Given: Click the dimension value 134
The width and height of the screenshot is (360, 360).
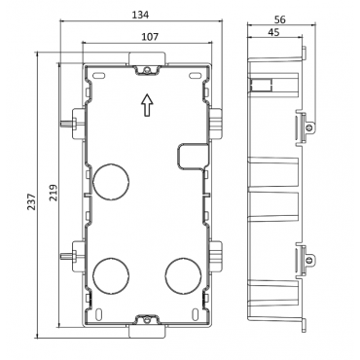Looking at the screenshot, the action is tap(141, 15).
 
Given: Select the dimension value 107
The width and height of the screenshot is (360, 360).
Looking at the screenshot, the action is tap(151, 37).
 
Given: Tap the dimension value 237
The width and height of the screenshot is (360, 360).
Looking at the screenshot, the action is tap(31, 201).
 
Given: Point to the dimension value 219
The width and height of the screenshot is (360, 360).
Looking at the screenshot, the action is tap(54, 193).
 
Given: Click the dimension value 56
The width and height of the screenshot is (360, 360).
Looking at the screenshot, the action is tap(279, 19).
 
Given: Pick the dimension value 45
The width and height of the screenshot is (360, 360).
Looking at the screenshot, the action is tap(273, 32).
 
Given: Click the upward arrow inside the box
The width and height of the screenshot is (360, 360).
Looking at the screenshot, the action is tap(147, 105).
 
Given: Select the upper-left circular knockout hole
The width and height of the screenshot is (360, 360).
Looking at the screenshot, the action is tap(111, 181).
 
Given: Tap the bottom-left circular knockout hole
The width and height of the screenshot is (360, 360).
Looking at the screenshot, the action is tap(111, 276).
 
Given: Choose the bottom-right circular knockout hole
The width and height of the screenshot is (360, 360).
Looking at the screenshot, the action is tap(183, 276).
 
